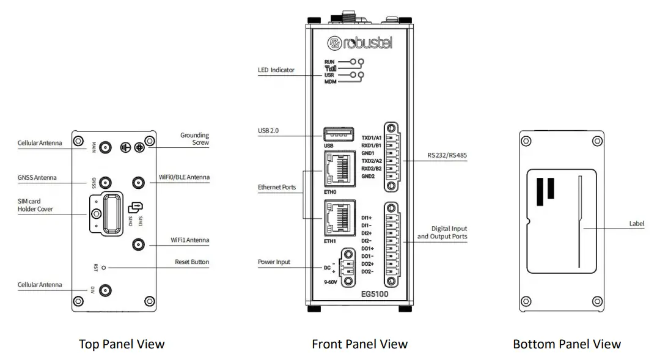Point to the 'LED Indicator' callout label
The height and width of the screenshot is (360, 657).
[276, 70]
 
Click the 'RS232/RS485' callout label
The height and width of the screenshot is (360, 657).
[447, 156]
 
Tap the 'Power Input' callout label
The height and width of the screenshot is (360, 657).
[274, 262]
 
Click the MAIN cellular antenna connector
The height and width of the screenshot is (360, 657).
[106, 147]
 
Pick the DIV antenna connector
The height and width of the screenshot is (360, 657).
[106, 291]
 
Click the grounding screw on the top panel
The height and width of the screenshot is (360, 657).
[139, 147]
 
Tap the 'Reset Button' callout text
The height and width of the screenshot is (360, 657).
[191, 262]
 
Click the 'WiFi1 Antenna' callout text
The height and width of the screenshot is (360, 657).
[189, 240]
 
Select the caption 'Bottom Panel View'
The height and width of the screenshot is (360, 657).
[567, 344]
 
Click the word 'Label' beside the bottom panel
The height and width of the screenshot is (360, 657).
[636, 224]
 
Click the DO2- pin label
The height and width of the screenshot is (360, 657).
[367, 271]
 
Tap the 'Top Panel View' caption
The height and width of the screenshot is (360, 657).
[122, 344]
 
